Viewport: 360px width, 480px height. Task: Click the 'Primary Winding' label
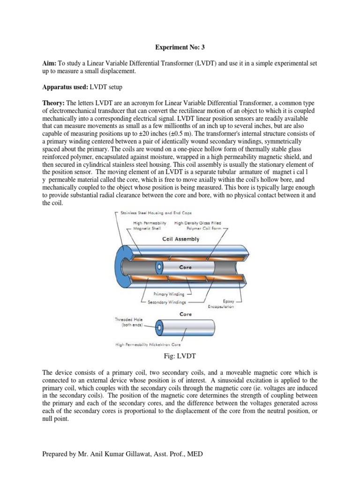pos(159,294)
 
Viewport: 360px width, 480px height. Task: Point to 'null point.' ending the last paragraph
pos(55,420)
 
